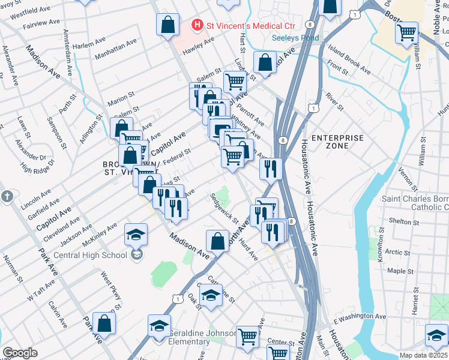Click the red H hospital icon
click(196, 25)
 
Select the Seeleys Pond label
click(295, 37)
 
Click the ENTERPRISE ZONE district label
click(338, 142)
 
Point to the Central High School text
click(90, 255)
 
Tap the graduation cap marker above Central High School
click(136, 235)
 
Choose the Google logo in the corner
click(20, 353)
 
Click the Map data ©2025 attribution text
click(423, 355)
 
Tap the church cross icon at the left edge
click(7, 196)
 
